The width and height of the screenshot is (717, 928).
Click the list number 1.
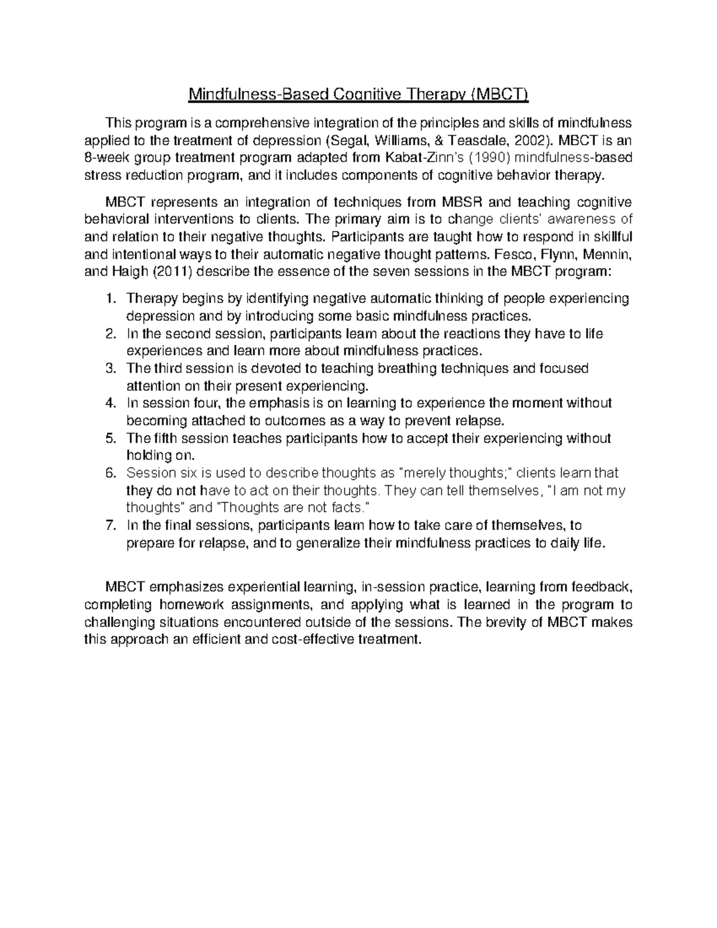click(x=109, y=298)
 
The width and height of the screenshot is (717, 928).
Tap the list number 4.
click(x=109, y=403)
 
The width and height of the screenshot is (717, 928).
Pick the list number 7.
click(x=109, y=526)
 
